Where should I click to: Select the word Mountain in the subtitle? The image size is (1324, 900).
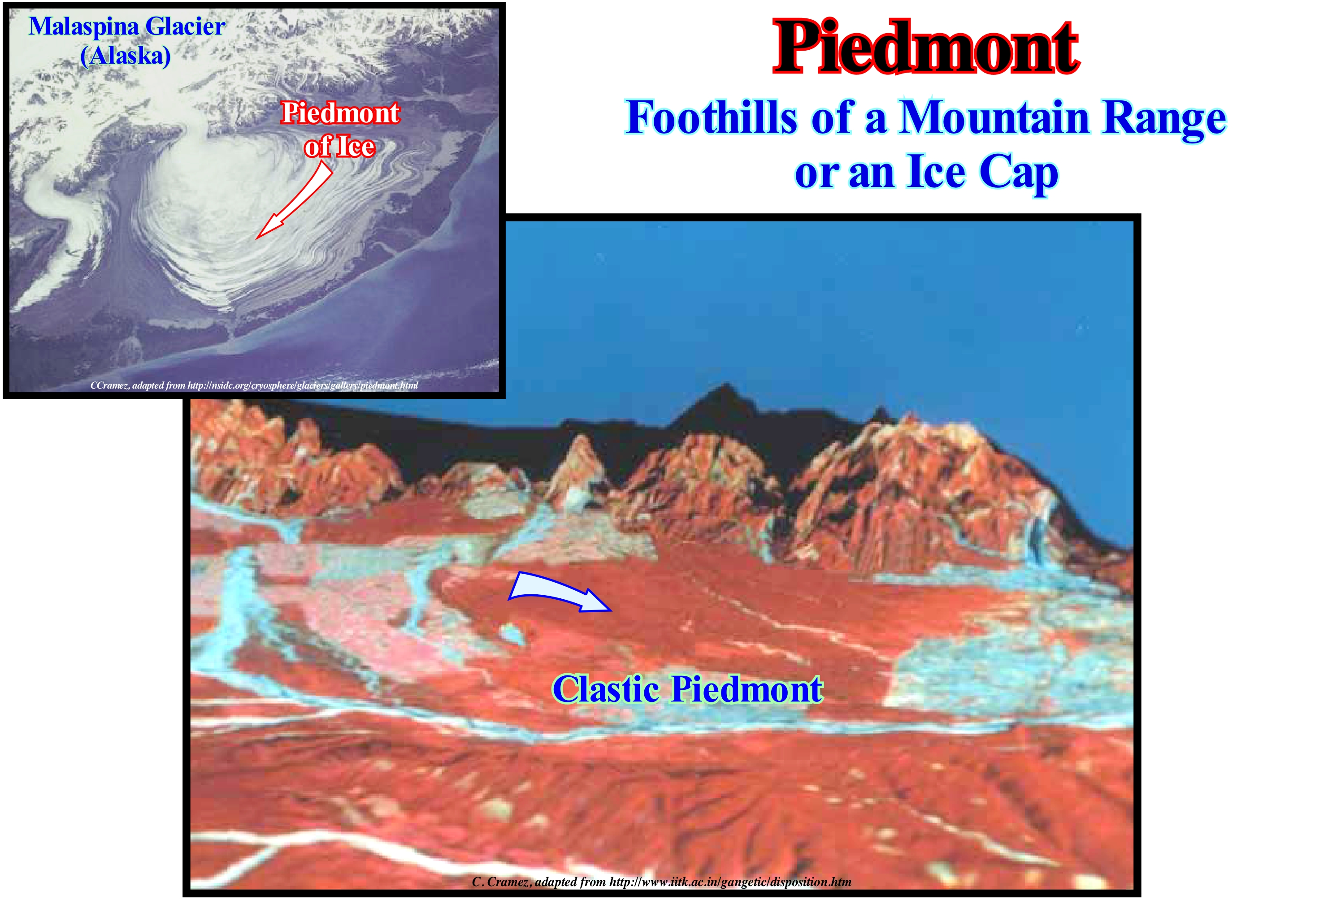[x=994, y=117]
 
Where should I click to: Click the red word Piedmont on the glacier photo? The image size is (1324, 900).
[x=341, y=113]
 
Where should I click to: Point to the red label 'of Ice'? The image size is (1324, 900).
[x=339, y=147]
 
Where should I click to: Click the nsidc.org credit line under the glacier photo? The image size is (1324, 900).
[x=254, y=385]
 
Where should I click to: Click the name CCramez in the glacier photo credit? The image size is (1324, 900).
[x=109, y=385]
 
